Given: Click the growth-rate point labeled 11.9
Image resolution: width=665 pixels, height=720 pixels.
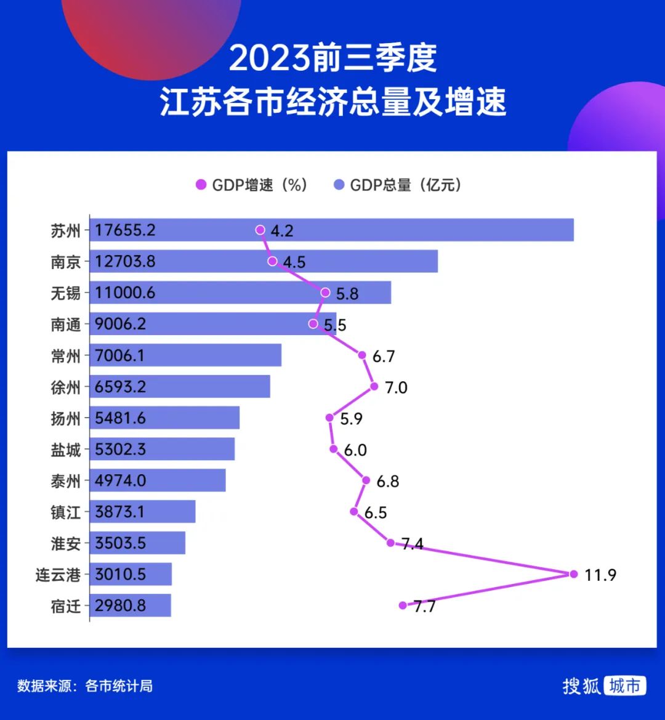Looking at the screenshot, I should coord(573,574).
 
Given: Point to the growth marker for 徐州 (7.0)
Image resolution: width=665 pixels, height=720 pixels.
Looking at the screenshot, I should coord(374,387).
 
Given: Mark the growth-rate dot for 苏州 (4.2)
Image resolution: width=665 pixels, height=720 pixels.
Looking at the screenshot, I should coord(260,230).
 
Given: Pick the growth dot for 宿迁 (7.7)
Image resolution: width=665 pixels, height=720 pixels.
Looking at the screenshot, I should coord(403,605).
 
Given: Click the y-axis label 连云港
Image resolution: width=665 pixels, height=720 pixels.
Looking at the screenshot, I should coord(58,575).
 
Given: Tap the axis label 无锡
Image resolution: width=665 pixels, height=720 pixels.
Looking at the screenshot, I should coord(65,293).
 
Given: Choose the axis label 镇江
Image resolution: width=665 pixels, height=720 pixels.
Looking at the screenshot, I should coord(65,512).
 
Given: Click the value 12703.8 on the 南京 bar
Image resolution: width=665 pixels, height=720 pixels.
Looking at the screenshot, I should coord(125,262).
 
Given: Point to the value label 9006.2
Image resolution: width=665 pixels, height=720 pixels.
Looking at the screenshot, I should coord(121,324).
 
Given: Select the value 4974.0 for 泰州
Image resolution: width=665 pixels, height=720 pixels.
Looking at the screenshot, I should coord(121,480).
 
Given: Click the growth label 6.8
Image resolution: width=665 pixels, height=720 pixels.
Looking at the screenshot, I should coord(388,481).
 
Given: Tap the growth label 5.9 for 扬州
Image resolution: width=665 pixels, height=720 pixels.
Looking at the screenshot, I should coord(352,419).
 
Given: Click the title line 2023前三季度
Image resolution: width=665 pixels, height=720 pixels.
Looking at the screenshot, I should coord(332,59).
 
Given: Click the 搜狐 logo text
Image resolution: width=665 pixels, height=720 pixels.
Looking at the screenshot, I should coord(581,686).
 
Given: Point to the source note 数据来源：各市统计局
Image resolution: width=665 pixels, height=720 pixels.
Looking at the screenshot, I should coord(85,686).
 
